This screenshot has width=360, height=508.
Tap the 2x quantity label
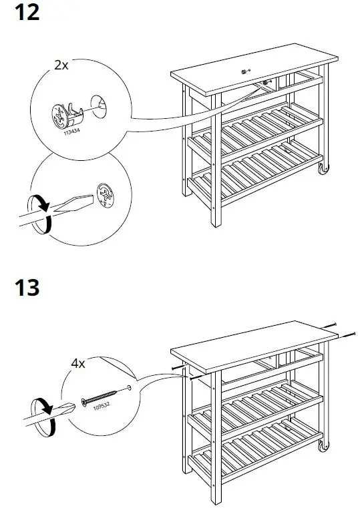[62, 65]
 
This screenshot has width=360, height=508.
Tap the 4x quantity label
[78, 364]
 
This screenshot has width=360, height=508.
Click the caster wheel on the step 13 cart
[324, 445]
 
